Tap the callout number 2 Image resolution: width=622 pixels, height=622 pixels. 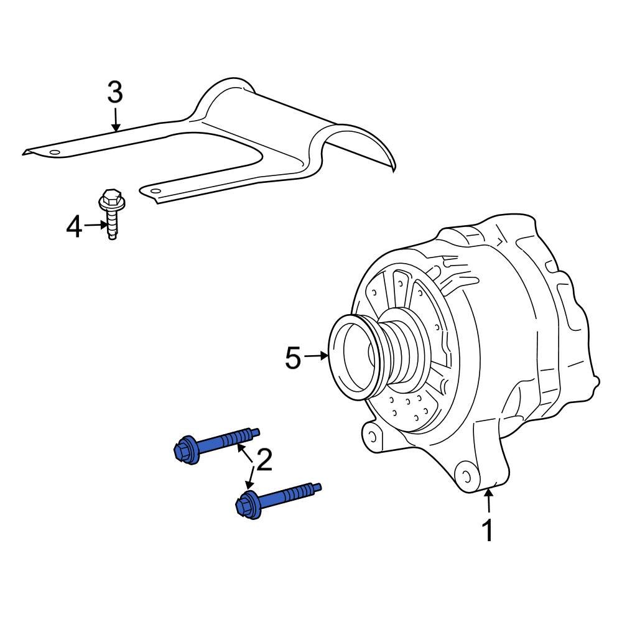tap(264, 460)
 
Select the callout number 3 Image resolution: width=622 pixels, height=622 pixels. tap(115, 93)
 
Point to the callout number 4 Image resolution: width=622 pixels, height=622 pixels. tap(74, 227)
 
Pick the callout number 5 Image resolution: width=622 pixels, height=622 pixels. tap(293, 358)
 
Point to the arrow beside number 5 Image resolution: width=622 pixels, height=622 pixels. tap(318, 356)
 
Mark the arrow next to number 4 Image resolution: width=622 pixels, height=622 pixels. tap(96, 225)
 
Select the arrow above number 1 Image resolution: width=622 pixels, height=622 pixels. tap(489, 501)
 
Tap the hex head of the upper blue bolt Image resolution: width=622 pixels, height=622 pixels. tap(185, 450)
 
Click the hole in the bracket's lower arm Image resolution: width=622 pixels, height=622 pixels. tap(155, 190)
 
